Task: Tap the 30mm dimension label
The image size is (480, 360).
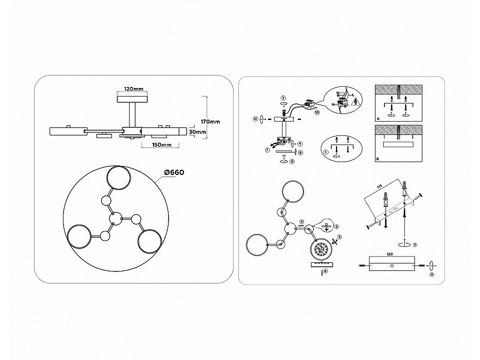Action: [x=197, y=132]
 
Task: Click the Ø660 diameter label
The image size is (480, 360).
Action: [x=174, y=172]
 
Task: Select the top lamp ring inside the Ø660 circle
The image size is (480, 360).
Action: [x=118, y=180]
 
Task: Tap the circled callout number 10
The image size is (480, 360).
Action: [x=316, y=113]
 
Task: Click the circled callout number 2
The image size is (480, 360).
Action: [x=283, y=98]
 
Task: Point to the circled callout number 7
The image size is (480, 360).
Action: [x=267, y=150]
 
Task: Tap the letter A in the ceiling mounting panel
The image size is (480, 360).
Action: [x=378, y=117]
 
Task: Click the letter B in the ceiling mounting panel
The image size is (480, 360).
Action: [x=378, y=159]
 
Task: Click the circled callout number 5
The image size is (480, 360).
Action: [x=337, y=227]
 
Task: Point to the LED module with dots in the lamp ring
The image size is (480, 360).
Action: [x=322, y=250]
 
